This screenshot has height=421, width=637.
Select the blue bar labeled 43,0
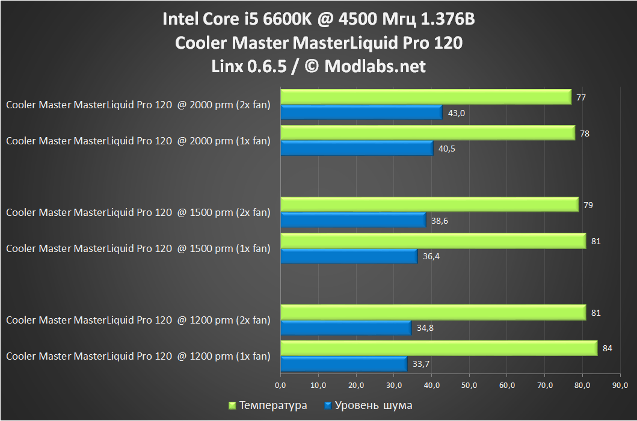point(362,112)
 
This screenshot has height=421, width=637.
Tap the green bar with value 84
point(439,348)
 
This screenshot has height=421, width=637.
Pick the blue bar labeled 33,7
point(344,364)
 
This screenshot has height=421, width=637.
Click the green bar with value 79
point(429,205)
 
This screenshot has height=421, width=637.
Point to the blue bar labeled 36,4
point(349,256)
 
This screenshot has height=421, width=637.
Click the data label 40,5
point(447,149)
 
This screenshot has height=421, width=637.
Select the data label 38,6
point(440,221)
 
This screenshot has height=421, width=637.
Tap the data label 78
point(585,133)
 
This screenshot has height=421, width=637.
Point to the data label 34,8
point(425,328)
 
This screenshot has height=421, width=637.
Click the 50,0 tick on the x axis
point(469,384)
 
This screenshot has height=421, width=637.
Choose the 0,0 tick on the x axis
point(280,384)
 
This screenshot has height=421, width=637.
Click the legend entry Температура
point(272,405)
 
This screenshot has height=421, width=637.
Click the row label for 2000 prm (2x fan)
point(138,105)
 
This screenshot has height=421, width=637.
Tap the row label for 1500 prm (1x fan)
point(138,248)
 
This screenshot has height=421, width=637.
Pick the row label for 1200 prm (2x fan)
point(138,321)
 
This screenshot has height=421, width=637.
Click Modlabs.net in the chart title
point(375,66)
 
